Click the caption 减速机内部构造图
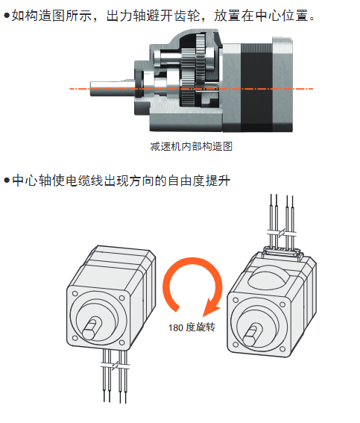point(192,146)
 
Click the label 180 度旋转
point(192,328)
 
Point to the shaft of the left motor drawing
point(92,328)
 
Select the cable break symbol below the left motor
point(115,366)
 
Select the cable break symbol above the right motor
point(282,232)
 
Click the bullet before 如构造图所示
point(7,16)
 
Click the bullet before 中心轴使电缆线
point(7,181)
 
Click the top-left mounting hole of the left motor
point(75,293)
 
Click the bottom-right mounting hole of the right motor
point(282,349)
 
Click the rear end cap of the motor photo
point(282,85)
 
